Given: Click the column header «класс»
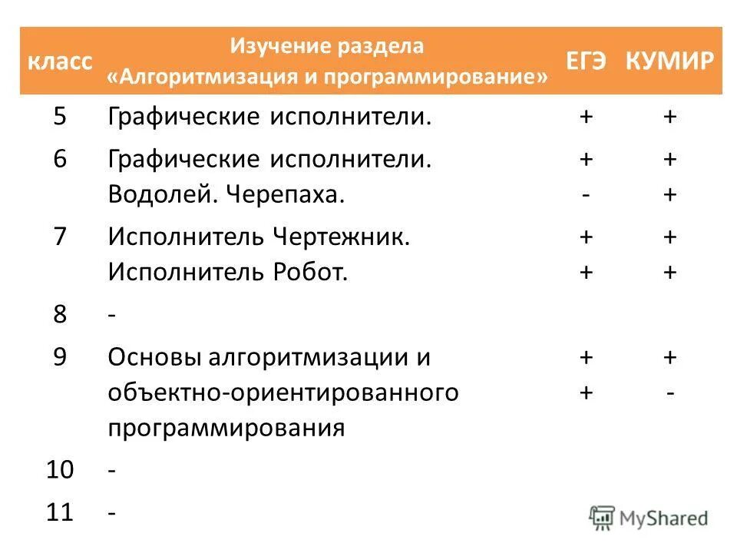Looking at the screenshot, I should (61, 61).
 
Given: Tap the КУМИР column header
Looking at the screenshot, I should (669, 61).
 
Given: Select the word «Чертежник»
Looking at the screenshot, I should (342, 237).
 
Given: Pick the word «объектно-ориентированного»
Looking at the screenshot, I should (283, 392).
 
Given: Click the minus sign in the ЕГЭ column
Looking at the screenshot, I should (586, 195).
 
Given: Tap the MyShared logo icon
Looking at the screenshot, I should (602, 516).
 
